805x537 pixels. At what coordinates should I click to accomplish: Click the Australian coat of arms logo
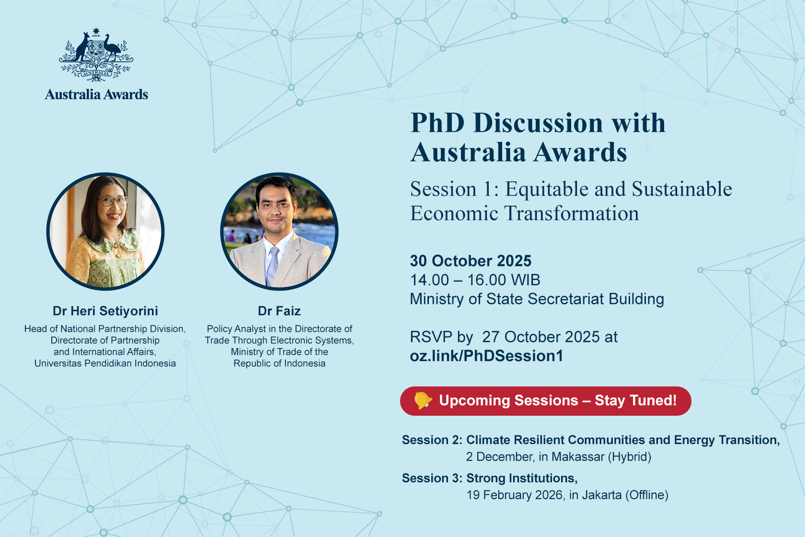click(96, 54)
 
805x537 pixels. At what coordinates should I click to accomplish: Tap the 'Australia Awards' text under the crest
click(96, 94)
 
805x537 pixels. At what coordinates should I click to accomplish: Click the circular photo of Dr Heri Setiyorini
click(105, 231)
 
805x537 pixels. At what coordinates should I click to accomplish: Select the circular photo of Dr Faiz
click(279, 231)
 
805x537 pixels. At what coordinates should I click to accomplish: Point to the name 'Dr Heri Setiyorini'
click(105, 311)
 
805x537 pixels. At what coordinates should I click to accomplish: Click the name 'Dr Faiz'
click(279, 311)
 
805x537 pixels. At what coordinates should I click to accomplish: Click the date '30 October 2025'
click(471, 261)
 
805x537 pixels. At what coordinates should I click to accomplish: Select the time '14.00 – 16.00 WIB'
click(475, 280)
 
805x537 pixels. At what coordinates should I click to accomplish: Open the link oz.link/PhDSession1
click(487, 356)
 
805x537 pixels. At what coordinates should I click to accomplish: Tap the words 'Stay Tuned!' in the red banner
click(636, 400)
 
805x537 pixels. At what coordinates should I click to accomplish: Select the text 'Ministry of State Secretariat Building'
click(537, 299)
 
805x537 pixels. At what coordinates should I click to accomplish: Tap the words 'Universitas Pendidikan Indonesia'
click(105, 363)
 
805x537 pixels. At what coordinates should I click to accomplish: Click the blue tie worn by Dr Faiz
click(273, 266)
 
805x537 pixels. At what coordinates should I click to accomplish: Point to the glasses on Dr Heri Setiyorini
click(113, 201)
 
